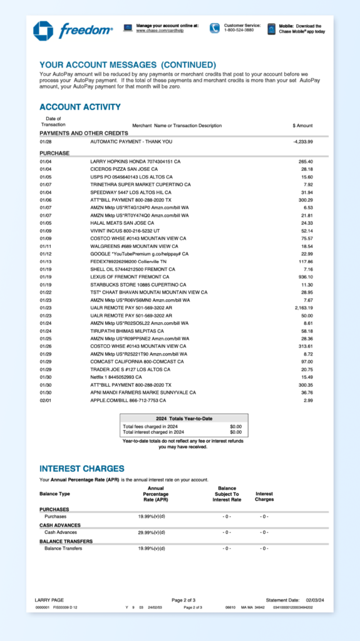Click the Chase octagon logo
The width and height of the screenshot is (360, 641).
point(43,30)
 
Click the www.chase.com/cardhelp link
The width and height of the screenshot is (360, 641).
point(158,30)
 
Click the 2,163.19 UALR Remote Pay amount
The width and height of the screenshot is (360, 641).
point(303,308)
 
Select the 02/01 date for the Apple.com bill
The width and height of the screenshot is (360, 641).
point(46,400)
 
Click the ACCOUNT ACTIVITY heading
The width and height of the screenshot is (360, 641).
point(80,107)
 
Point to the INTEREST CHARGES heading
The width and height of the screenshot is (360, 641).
point(82,468)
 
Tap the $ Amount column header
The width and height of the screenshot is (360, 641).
point(302,125)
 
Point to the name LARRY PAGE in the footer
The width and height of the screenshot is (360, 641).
point(49,600)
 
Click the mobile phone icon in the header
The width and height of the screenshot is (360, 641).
point(271,29)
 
